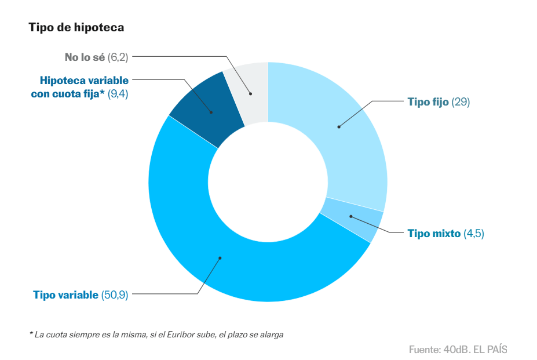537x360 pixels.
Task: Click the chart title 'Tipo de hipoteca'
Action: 76,27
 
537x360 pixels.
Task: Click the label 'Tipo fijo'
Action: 428,102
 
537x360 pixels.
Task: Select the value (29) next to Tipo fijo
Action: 461,102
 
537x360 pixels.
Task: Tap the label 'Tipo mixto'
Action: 434,234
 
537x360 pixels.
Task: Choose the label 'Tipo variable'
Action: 66,295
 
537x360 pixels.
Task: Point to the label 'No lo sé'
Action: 85,57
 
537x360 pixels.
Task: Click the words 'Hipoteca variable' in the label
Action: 84,80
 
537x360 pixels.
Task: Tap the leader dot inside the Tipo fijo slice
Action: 339,127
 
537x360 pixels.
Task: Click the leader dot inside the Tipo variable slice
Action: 220,258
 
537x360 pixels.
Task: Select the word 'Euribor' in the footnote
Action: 181,334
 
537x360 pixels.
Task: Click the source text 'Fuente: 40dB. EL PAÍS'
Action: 458,350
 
